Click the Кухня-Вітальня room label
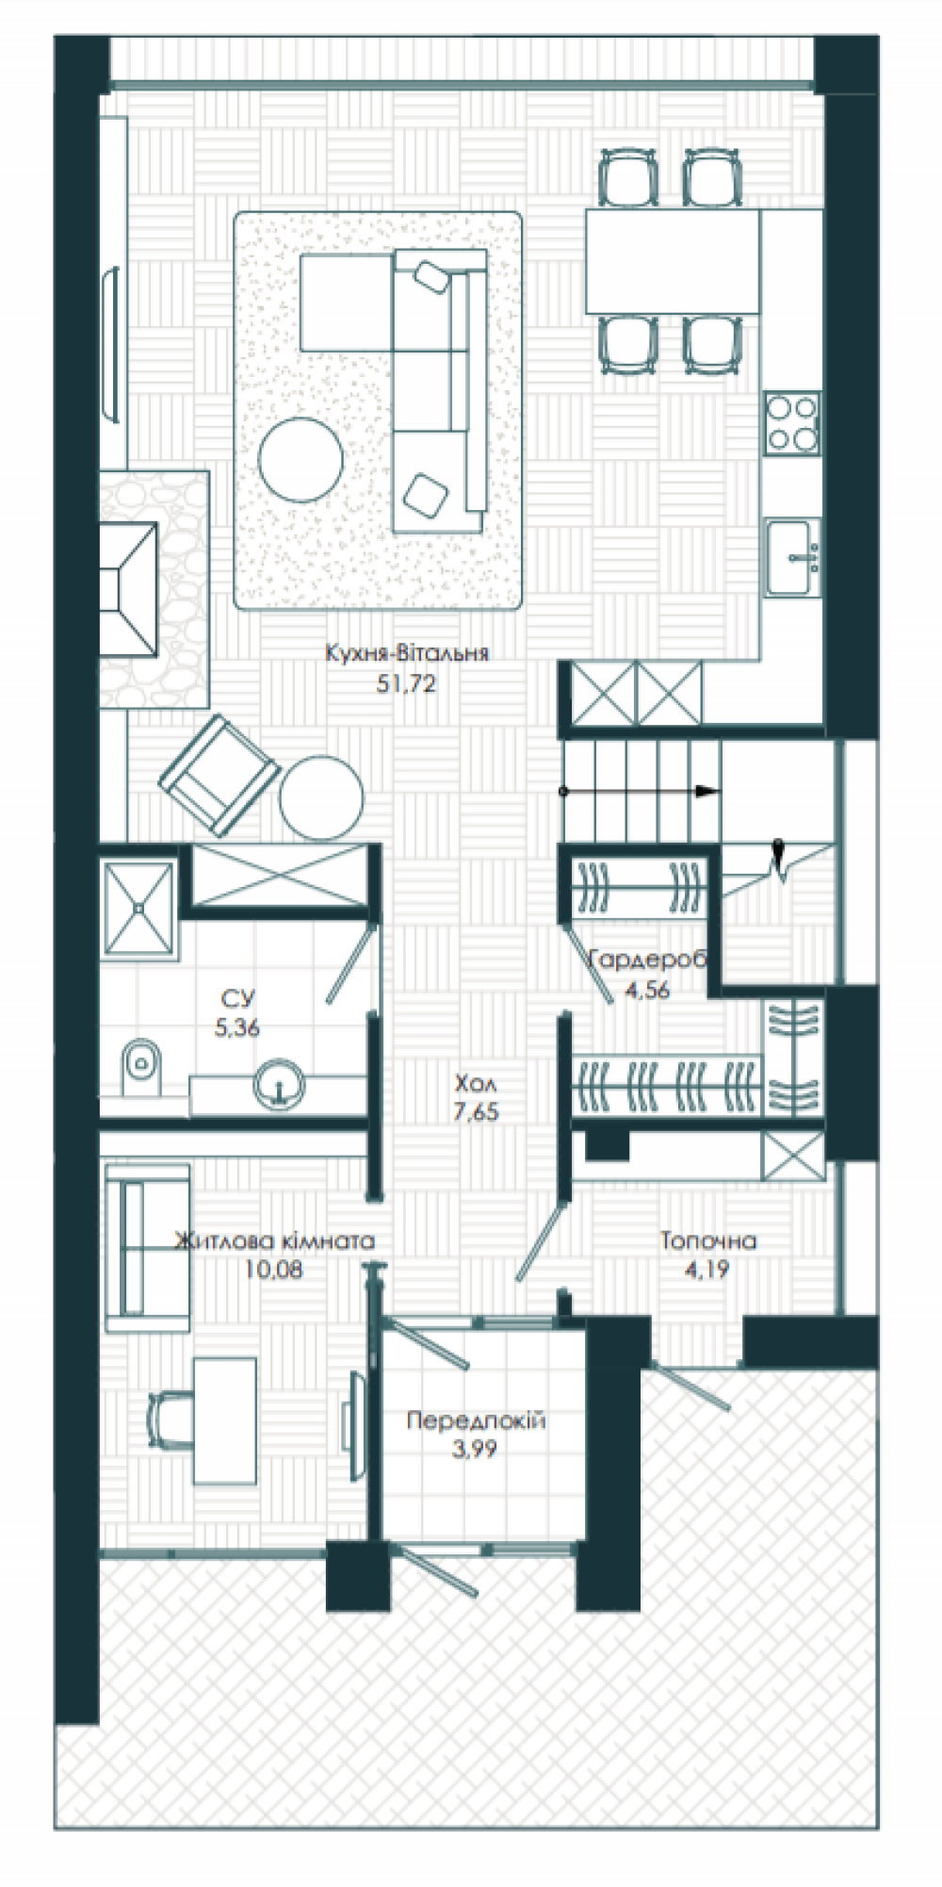[x=407, y=653]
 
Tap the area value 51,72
[x=406, y=684]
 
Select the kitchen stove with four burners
[x=792, y=423]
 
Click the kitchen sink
[x=791, y=557]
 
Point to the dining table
[x=673, y=261]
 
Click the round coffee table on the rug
[x=300, y=460]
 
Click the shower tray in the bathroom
[x=139, y=908]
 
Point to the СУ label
[x=237, y=998]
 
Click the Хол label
[x=475, y=1083]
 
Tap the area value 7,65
[x=476, y=1112]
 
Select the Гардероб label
[x=647, y=960]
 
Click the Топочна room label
[x=707, y=1240]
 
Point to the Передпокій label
[x=476, y=1420]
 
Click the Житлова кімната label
[x=275, y=1240]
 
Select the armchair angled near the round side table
[x=219, y=775]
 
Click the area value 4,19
[x=706, y=1270]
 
